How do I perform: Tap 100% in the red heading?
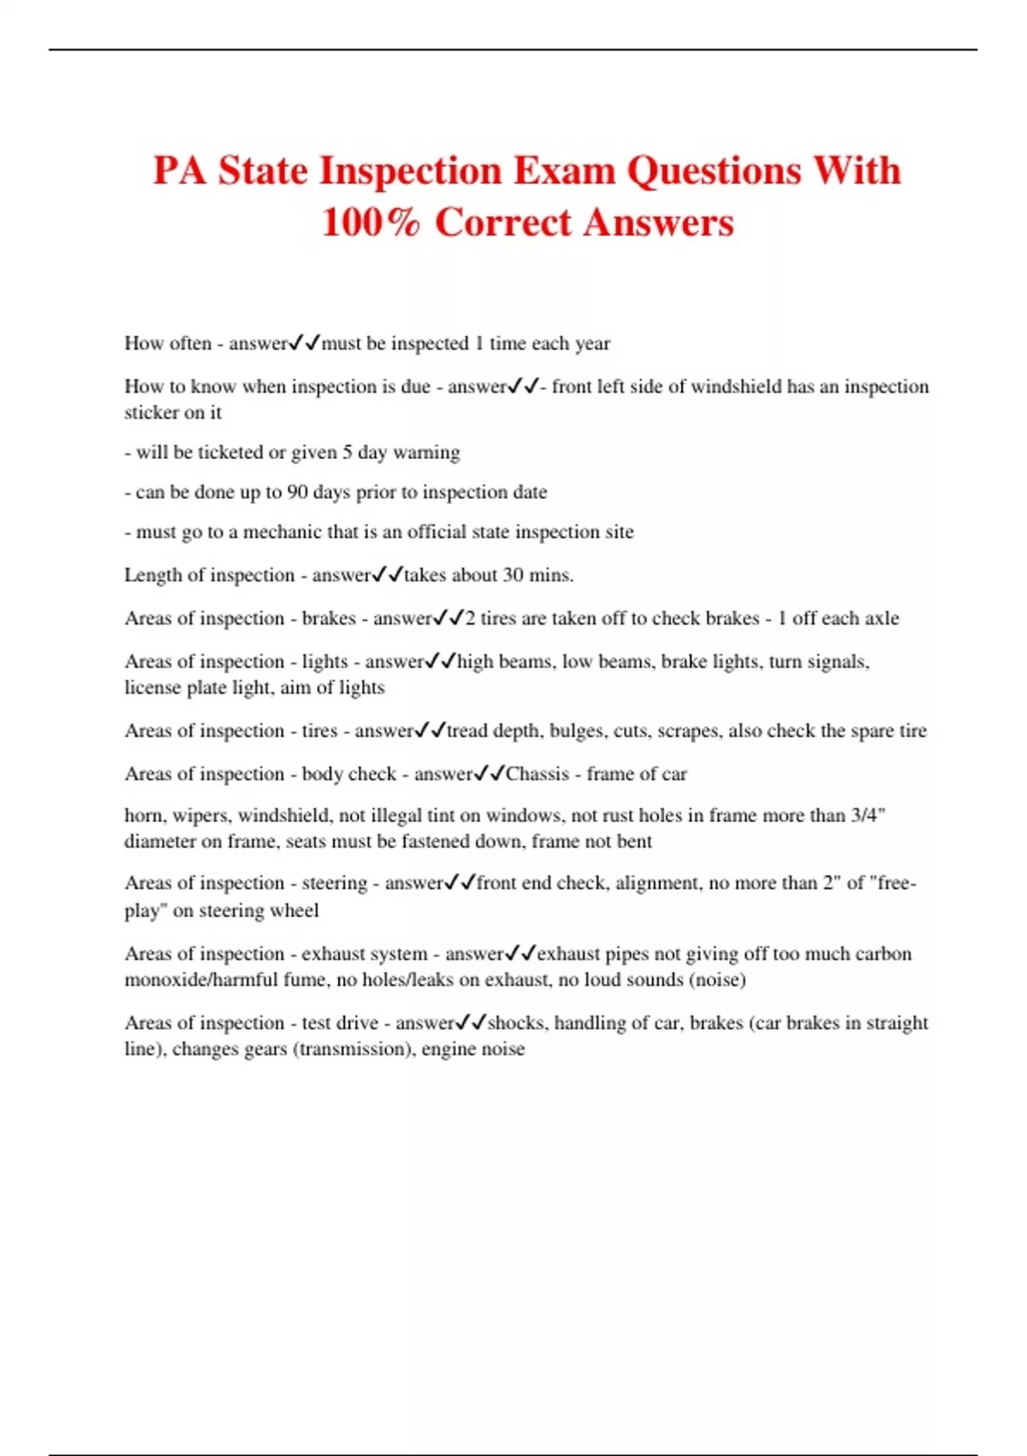click(x=371, y=223)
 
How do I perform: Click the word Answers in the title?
click(x=659, y=223)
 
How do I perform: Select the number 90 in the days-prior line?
click(x=297, y=492)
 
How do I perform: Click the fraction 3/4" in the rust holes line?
click(x=868, y=815)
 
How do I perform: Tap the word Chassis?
click(x=537, y=774)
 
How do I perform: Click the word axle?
click(x=882, y=618)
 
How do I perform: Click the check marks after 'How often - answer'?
click(x=305, y=343)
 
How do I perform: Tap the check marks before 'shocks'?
click(x=472, y=1023)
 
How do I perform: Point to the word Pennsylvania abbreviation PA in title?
click(x=181, y=170)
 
